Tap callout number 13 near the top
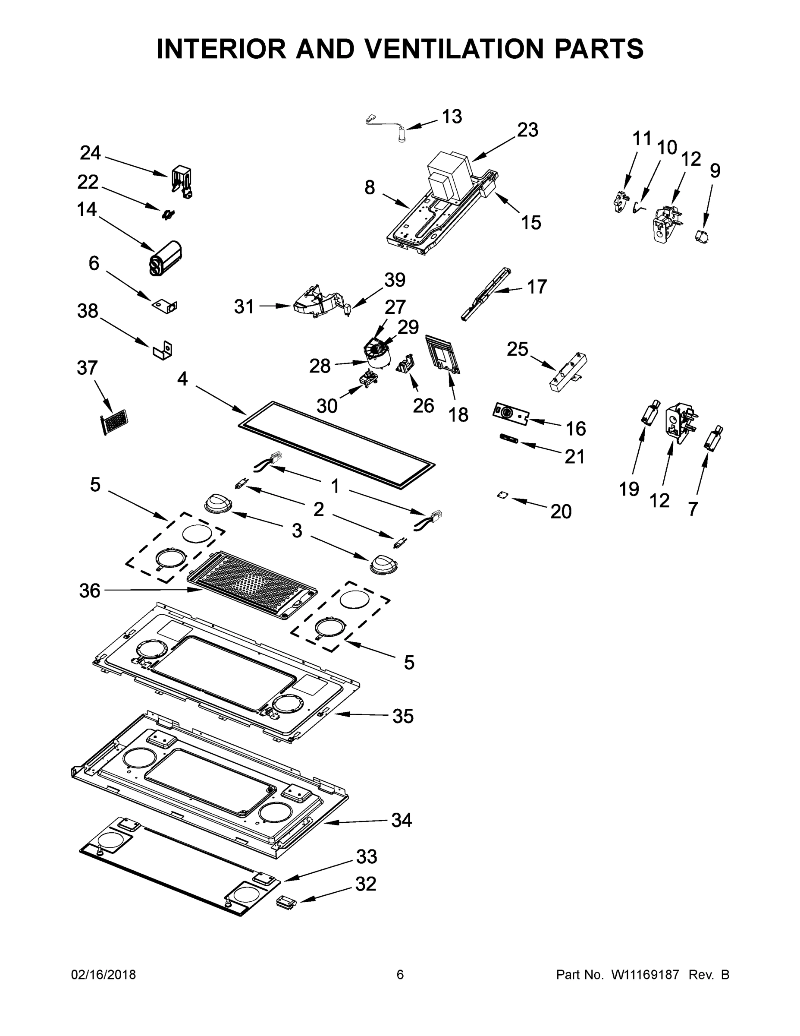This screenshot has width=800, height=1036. pyautogui.click(x=452, y=116)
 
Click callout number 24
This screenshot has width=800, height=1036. pyautogui.click(x=90, y=153)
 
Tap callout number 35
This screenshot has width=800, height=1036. pyautogui.click(x=402, y=716)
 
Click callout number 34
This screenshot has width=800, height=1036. pyautogui.click(x=402, y=820)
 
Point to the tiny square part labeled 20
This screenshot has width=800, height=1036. pyautogui.click(x=502, y=495)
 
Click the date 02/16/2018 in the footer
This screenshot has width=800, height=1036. pyautogui.click(x=104, y=975)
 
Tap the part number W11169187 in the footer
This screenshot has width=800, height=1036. pyautogui.click(x=645, y=975)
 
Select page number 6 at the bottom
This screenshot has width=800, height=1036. pyautogui.click(x=400, y=975)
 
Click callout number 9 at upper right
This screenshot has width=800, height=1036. pyautogui.click(x=715, y=171)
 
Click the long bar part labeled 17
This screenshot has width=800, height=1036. pyautogui.click(x=486, y=294)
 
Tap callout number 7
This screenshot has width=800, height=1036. pyautogui.click(x=693, y=509)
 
